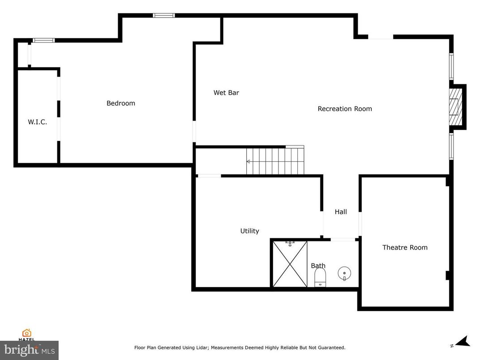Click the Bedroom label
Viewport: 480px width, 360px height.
click(120, 103)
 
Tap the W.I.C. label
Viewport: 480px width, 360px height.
click(37, 122)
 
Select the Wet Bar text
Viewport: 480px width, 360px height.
click(226, 93)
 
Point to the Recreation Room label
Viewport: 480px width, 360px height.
click(345, 109)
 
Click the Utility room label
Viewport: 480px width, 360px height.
click(249, 231)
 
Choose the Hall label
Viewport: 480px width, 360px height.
click(341, 212)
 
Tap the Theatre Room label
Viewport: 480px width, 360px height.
click(405, 247)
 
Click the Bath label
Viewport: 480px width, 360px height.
click(318, 266)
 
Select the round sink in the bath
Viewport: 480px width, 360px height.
click(344, 272)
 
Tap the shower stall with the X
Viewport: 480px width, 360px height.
click(290, 264)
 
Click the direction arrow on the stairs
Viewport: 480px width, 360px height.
click(249, 162)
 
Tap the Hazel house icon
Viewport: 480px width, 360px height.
click(27, 333)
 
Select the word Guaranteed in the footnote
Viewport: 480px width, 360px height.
click(330, 347)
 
